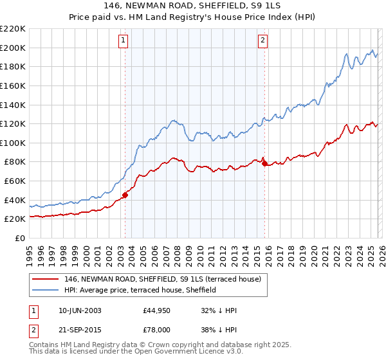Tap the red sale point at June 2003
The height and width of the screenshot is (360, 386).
pyautogui.click(x=125, y=195)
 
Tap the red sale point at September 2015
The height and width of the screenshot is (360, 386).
pyautogui.click(x=264, y=164)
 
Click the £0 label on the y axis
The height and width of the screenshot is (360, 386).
pyautogui.click(x=19, y=239)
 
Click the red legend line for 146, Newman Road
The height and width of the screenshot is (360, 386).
pyautogui.click(x=46, y=280)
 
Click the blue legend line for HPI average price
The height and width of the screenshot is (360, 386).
pyautogui.click(x=46, y=291)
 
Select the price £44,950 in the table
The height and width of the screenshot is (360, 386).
pyautogui.click(x=157, y=310)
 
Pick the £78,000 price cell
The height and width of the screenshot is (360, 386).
pyautogui.click(x=157, y=328)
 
